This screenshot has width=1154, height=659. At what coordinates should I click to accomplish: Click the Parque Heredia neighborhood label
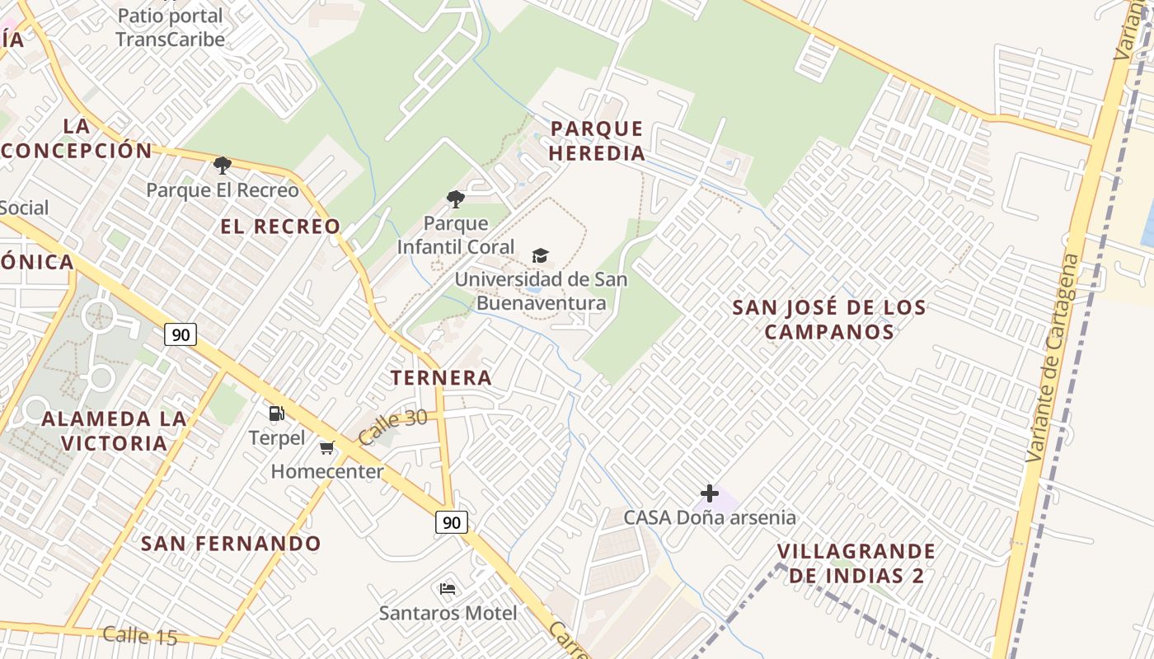tap(596, 141)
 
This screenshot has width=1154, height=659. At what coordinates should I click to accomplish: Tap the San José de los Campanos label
tap(829, 320)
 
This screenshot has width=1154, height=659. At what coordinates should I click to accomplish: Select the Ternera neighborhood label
tap(441, 378)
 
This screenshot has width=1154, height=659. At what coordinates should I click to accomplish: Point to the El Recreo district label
tap(280, 227)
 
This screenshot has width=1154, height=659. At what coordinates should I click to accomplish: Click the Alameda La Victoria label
tap(114, 431)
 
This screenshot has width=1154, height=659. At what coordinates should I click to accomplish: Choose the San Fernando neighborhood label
tap(231, 544)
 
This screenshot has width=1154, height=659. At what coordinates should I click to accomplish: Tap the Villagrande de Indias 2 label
tap(856, 563)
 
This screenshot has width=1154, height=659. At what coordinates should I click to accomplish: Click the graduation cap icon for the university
tap(540, 256)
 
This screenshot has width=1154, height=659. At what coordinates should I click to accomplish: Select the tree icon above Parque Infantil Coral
tap(455, 199)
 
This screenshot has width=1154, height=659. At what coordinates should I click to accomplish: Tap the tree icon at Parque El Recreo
tap(222, 166)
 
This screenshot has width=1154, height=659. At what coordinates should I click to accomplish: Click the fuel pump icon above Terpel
tap(277, 414)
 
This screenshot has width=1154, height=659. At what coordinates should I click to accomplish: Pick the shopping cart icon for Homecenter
tap(327, 448)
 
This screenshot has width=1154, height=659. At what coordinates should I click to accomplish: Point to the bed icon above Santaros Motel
tap(448, 589)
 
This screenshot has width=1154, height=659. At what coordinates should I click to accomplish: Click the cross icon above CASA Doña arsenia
tap(709, 493)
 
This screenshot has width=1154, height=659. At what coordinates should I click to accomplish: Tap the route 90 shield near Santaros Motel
tap(451, 522)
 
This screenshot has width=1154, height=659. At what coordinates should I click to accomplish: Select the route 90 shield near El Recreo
tap(181, 334)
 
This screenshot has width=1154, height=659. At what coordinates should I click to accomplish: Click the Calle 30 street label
tap(393, 428)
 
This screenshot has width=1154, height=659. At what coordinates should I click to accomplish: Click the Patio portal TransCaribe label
tap(170, 27)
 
